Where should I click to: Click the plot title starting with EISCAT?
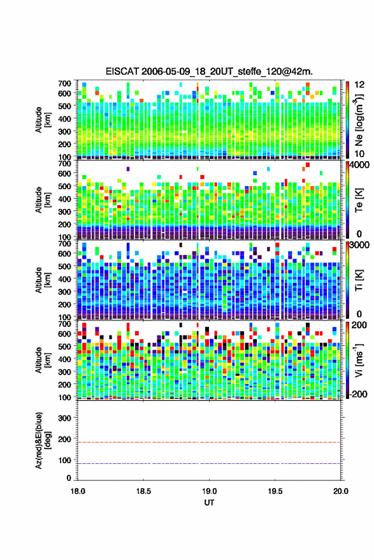coord(209,71)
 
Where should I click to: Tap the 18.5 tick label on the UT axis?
coord(143,491)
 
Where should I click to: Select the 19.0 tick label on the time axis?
coord(209,491)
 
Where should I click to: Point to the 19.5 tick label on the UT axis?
coord(275,491)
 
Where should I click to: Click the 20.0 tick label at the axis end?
coord(340,491)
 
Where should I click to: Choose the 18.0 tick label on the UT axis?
coord(78,491)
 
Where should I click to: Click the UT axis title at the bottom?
coord(209,503)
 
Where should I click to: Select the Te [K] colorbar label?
coord(359,200)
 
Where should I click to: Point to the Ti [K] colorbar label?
coord(359,280)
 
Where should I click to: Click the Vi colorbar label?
coord(359,360)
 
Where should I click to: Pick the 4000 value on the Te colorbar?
coord(359,166)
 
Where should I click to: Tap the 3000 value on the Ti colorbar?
coord(359,245)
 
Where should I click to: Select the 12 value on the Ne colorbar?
coord(359,85)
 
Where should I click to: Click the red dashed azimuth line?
coord(209,443)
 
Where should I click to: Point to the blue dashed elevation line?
coord(209,464)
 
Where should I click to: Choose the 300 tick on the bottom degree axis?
coord(64,418)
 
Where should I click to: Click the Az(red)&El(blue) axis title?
coord(43,440)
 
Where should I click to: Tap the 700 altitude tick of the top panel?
coord(64,83)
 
